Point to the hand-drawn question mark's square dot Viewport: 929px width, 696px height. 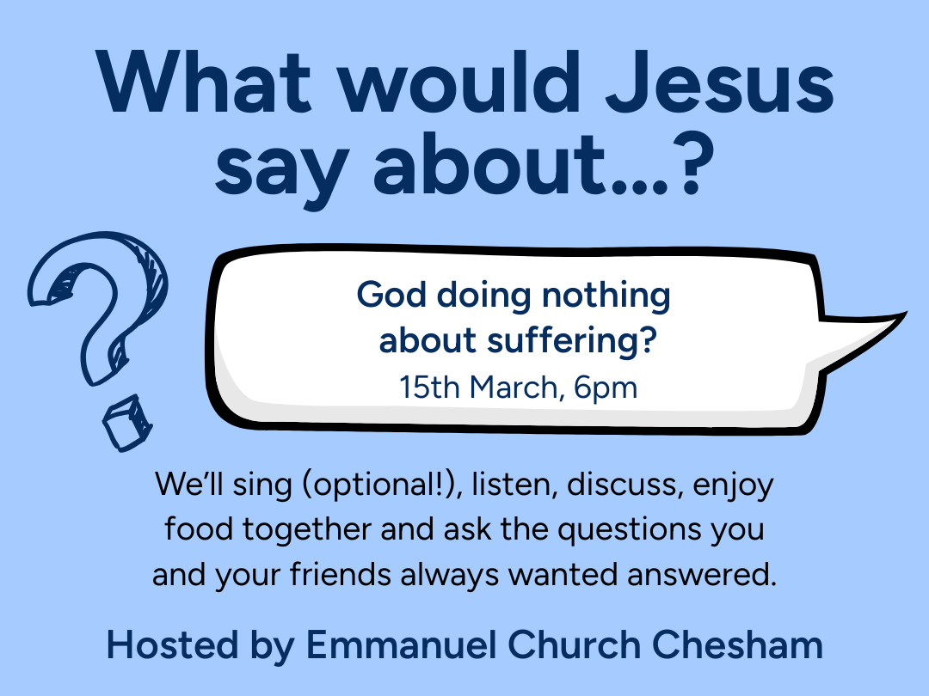(x=120, y=424)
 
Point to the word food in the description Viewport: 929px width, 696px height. (x=199, y=529)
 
